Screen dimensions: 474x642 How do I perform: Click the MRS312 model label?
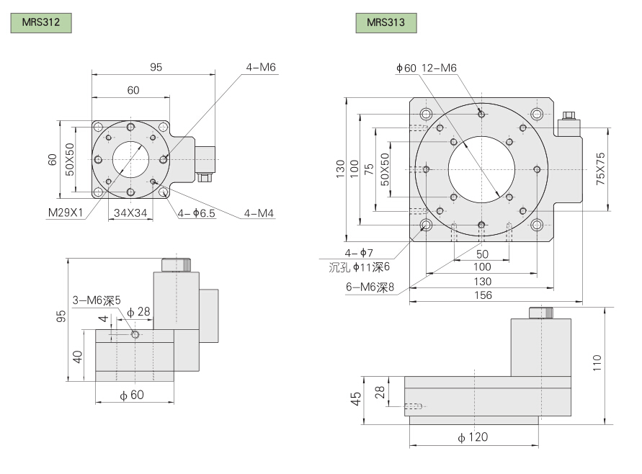point(40,22)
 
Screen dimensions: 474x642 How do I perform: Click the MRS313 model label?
point(386,22)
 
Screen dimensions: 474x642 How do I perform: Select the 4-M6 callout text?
point(261,68)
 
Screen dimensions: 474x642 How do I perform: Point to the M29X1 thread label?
point(66,213)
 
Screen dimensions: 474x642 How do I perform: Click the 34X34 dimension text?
point(129,213)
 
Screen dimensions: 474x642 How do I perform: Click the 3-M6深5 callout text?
point(97,300)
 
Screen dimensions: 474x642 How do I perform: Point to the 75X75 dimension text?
point(601,169)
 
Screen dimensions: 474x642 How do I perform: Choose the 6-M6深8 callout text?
point(370,287)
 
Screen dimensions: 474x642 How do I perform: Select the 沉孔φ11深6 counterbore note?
point(360,267)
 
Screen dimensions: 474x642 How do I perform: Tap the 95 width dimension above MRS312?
point(156,67)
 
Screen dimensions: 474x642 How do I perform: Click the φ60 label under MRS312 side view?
point(132,395)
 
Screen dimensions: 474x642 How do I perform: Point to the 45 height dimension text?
point(355,398)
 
